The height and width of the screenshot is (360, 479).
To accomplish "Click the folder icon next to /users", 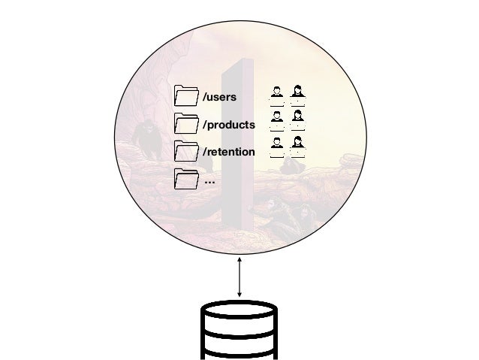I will click(x=184, y=97).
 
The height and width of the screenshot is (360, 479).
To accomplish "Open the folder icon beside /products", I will click(x=184, y=124).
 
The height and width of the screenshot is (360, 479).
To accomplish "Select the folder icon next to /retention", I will click(x=184, y=152).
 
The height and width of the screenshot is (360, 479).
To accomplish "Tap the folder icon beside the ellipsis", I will click(x=184, y=180).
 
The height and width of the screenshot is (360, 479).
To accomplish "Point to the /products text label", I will click(x=228, y=125).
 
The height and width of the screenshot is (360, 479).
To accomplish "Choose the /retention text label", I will click(x=228, y=153).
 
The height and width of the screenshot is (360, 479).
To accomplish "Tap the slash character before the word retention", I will click(x=204, y=153).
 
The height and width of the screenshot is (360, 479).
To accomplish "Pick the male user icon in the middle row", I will click(x=277, y=118).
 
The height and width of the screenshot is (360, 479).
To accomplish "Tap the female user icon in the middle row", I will click(x=298, y=118).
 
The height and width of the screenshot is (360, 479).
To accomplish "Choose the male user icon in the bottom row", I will click(x=277, y=145).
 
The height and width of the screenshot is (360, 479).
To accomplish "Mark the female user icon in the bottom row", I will click(x=298, y=145).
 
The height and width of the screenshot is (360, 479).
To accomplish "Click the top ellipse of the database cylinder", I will click(x=239, y=311).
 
